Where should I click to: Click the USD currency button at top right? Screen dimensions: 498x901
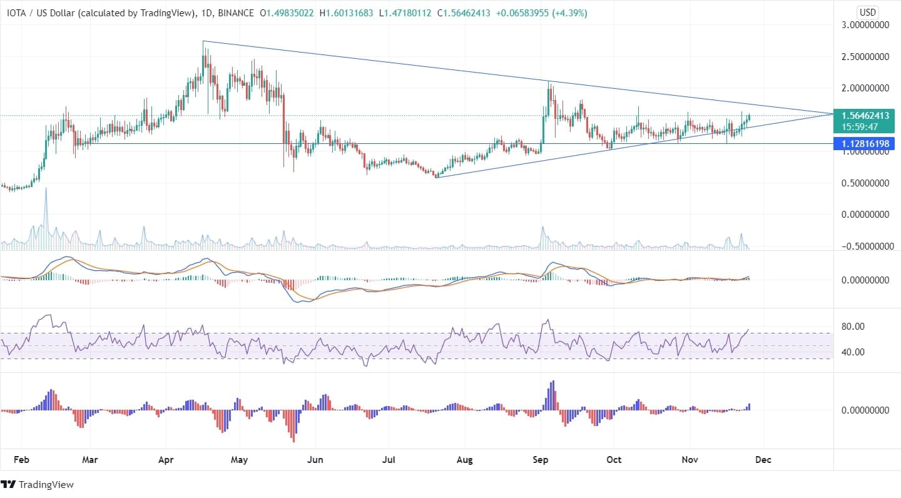pyautogui.click(x=867, y=13)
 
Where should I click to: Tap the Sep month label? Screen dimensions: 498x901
pyautogui.click(x=540, y=459)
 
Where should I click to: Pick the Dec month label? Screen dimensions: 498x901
pyautogui.click(x=763, y=459)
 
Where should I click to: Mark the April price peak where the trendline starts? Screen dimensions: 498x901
pyautogui.click(x=203, y=42)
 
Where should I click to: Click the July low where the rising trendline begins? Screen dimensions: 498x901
pyautogui.click(x=437, y=177)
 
